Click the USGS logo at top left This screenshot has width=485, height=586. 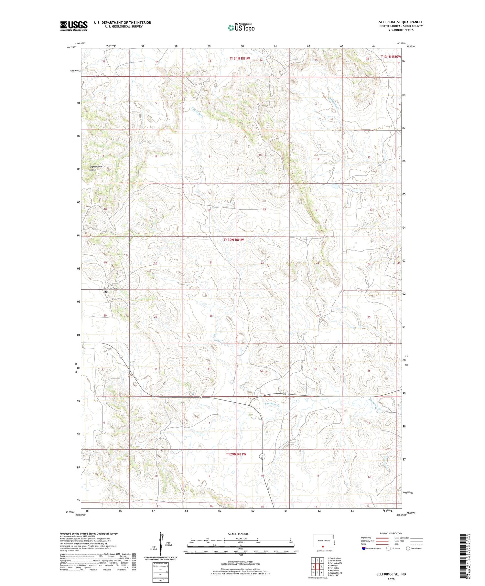pos(74,26)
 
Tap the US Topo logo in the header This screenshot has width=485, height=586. pos(241,28)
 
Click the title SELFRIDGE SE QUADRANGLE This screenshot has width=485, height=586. pos(401,22)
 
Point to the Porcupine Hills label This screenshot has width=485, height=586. pos(96,168)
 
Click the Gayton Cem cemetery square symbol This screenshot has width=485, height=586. pos(106,292)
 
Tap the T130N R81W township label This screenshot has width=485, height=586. pos(236,240)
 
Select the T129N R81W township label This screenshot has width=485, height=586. pos(236,454)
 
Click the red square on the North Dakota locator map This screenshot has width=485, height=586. pos(323,547)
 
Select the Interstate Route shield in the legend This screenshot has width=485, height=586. pos(364,549)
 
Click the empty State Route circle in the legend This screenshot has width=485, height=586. pos(408,549)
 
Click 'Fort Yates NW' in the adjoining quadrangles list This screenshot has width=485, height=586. pos(335,563)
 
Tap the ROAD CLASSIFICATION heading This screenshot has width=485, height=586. pos(391,533)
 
